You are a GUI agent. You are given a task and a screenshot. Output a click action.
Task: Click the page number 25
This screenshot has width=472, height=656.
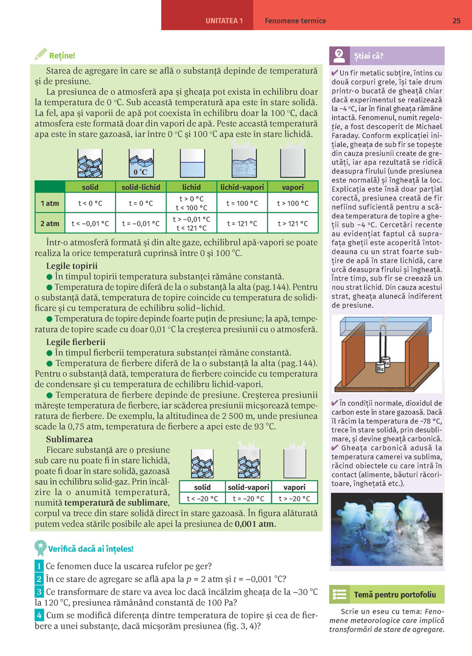click(456, 21)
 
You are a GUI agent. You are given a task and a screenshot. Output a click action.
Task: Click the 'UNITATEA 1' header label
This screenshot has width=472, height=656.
click(224, 21)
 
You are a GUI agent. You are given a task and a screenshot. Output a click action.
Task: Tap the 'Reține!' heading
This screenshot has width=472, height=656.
click(62, 56)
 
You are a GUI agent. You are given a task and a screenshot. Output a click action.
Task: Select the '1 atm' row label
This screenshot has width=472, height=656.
click(50, 203)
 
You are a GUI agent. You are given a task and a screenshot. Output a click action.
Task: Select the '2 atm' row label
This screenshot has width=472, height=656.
click(50, 223)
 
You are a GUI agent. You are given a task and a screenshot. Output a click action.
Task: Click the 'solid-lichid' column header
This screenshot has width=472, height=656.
click(141, 187)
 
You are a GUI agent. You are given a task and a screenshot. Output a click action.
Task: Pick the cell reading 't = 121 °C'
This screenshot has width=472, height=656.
click(242, 223)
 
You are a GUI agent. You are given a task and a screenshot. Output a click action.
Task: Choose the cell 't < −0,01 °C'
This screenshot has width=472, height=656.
click(90, 223)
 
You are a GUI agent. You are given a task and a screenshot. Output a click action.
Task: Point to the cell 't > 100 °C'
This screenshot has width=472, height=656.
click(293, 203)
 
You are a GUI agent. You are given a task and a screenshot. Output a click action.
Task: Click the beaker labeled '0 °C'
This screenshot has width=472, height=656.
click(141, 164)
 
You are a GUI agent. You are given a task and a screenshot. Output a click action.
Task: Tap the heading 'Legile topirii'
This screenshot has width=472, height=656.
click(72, 266)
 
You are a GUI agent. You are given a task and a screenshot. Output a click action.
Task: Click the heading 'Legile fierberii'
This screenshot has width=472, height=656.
click(76, 342)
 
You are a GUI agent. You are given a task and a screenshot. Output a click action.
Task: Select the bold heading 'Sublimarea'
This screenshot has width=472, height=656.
click(69, 439)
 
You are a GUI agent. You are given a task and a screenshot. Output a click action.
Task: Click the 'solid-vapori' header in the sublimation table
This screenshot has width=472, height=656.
click(248, 487)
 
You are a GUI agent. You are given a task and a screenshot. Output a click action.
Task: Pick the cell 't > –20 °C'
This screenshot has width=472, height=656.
click(295, 498)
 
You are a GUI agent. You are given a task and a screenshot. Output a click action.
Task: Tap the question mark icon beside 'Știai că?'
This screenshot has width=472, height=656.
click(339, 56)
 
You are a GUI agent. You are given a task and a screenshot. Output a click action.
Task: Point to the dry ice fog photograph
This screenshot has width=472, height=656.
click(387, 529)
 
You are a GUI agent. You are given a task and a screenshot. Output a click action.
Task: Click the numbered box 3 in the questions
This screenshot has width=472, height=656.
click(39, 592)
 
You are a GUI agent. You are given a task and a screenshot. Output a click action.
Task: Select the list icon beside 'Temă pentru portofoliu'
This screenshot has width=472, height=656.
click(340, 595)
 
